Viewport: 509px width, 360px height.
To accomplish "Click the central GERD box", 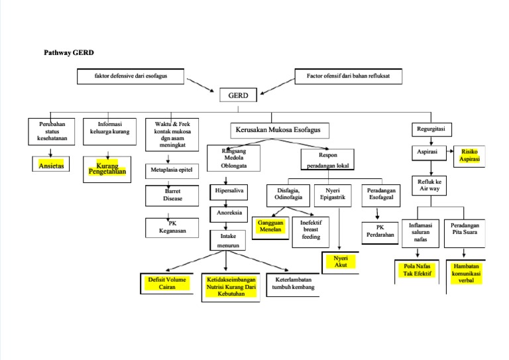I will (x=238, y=95).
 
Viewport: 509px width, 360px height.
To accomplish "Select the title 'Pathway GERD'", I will (x=74, y=52).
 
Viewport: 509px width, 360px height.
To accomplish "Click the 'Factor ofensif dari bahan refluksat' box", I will (x=348, y=77).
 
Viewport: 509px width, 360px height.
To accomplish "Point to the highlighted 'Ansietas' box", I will (x=51, y=166).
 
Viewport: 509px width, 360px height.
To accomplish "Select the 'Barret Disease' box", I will (x=168, y=195).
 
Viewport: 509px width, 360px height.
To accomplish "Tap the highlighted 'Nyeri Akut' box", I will (x=341, y=261).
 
